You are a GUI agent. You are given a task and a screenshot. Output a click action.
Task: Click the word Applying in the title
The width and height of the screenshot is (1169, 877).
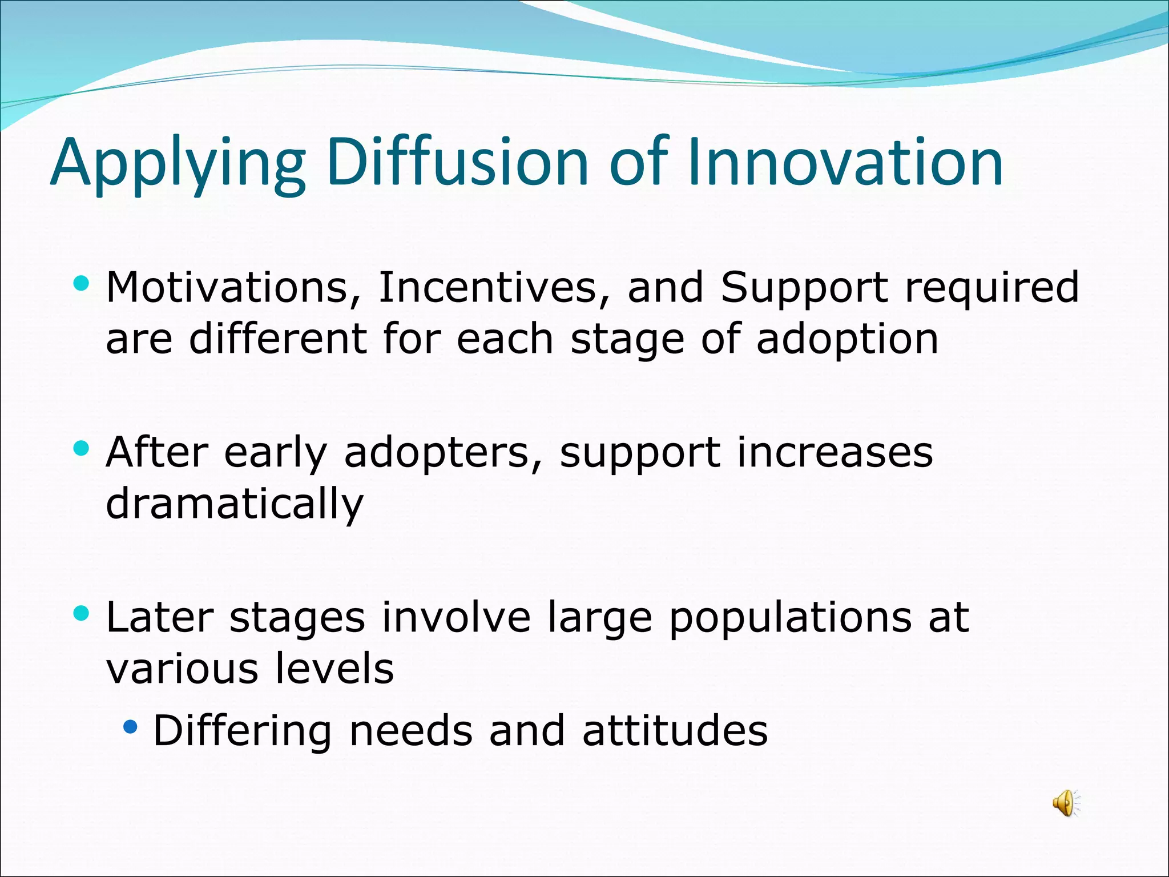[x=178, y=163]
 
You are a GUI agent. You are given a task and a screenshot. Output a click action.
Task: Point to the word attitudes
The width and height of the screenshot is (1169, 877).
[x=675, y=731]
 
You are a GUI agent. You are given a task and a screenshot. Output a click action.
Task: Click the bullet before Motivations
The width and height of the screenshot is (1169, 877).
[x=82, y=283]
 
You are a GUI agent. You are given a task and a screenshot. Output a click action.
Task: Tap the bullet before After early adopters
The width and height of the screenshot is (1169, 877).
[x=82, y=448]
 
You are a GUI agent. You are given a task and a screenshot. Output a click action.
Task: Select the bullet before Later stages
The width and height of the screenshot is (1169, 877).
[x=82, y=614]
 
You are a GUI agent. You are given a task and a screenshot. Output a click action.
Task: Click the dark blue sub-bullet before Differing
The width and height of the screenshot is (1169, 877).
[x=131, y=727]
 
